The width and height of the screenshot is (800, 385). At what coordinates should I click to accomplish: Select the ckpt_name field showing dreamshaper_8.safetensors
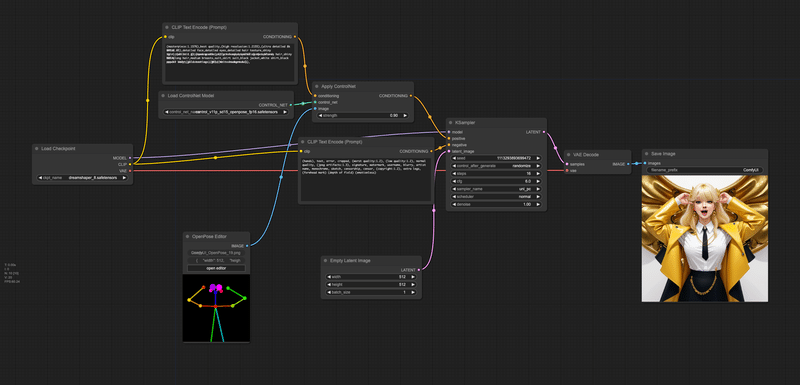coord(82,177)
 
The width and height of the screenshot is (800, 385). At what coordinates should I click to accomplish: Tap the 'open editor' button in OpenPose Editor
coord(218,268)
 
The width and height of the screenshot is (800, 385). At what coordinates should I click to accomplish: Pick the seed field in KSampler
coord(496,158)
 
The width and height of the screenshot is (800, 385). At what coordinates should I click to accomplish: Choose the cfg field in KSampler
coord(496,180)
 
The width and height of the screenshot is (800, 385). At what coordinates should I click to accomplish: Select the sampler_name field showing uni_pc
coord(496,188)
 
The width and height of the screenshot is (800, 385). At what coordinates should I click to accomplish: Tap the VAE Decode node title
coord(585,155)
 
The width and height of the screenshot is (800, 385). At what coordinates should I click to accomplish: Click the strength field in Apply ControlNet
coord(359,115)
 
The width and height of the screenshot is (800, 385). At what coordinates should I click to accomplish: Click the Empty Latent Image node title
coord(349,259)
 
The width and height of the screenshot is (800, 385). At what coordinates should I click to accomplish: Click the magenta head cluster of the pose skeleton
coord(216,288)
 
